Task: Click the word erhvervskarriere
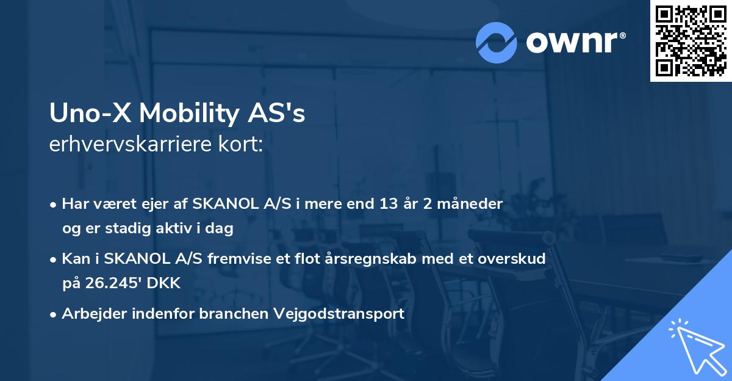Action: (130, 145)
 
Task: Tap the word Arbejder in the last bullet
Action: (89, 314)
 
